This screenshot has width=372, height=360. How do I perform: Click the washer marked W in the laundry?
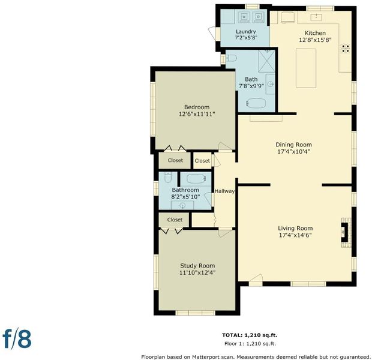click(x=244, y=17)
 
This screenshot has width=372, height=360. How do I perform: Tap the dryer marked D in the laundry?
click(x=259, y=17)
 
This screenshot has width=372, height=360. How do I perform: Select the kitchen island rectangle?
click(x=306, y=68)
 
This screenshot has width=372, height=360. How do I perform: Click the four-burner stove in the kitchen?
click(x=346, y=49)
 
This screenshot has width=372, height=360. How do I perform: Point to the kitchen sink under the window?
click(x=316, y=17)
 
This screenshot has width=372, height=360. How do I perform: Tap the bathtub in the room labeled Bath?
click(x=256, y=103)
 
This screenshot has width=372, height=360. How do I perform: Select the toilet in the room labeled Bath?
click(x=231, y=58)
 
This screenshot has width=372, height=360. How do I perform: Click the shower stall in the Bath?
click(x=266, y=61)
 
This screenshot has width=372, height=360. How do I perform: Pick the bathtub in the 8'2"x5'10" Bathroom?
click(x=196, y=179)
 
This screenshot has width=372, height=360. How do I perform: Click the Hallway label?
click(x=224, y=191)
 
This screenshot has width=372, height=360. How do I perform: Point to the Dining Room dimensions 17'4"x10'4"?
click(x=294, y=151)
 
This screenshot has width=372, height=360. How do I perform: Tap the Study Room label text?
click(x=197, y=266)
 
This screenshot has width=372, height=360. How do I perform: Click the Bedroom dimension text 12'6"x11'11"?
click(x=197, y=114)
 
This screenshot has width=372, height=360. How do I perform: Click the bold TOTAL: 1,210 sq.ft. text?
click(x=250, y=335)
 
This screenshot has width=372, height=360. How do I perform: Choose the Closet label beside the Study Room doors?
click(x=175, y=220)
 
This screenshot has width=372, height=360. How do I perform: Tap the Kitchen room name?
click(x=315, y=33)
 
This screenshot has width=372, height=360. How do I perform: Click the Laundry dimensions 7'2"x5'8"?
click(x=246, y=37)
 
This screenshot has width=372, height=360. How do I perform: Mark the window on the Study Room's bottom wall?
click(x=195, y=313)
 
